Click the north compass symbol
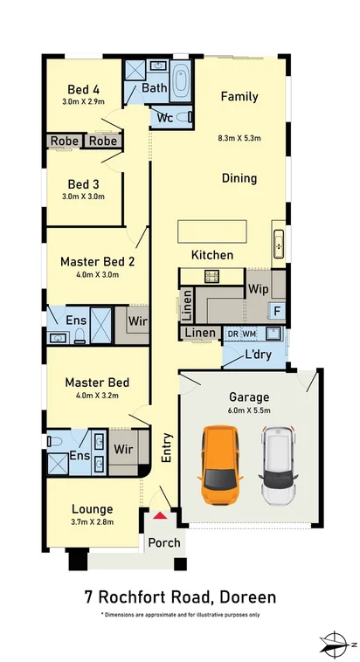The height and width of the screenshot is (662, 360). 337,645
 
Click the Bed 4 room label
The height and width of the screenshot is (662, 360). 85,88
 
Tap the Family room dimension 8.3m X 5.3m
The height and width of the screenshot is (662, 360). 239,138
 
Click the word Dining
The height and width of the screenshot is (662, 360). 239,178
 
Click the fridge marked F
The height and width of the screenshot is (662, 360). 277,311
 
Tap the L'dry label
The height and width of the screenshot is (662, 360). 257,356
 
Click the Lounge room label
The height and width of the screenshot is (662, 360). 92,509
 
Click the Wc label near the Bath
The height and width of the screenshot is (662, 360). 165,117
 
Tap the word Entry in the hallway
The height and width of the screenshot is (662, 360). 167,447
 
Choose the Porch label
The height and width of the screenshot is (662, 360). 163,542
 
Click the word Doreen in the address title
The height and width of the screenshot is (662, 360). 247,597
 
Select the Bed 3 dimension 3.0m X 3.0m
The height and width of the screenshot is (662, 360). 86,197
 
